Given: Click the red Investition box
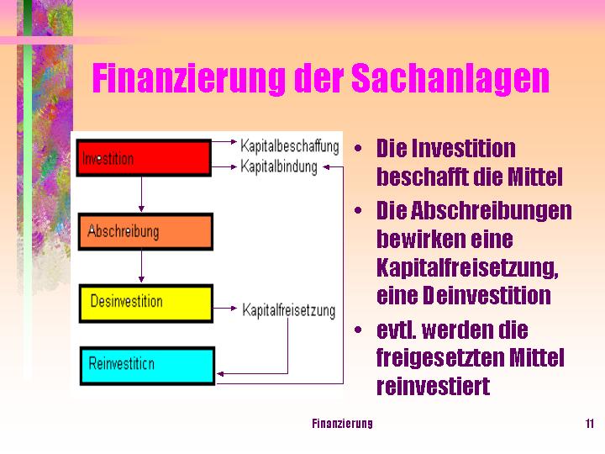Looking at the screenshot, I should (144, 158).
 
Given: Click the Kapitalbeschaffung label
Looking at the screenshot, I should (289, 145).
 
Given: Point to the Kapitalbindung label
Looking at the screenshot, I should (279, 166).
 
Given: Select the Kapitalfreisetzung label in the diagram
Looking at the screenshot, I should (288, 310).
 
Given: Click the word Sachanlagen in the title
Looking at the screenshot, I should (450, 79).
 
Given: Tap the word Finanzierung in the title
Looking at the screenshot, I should (189, 79).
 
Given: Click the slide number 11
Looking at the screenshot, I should (590, 423).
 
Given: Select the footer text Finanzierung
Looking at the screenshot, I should (342, 423).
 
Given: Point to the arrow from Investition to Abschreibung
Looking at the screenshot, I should (141, 194).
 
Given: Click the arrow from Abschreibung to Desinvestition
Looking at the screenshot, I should (141, 267).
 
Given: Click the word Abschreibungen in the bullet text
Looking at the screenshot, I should (492, 210).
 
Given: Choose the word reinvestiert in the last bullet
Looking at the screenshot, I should (433, 387).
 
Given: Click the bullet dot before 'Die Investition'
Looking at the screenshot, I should (359, 149).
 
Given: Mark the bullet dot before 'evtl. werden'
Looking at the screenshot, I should (359, 330).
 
